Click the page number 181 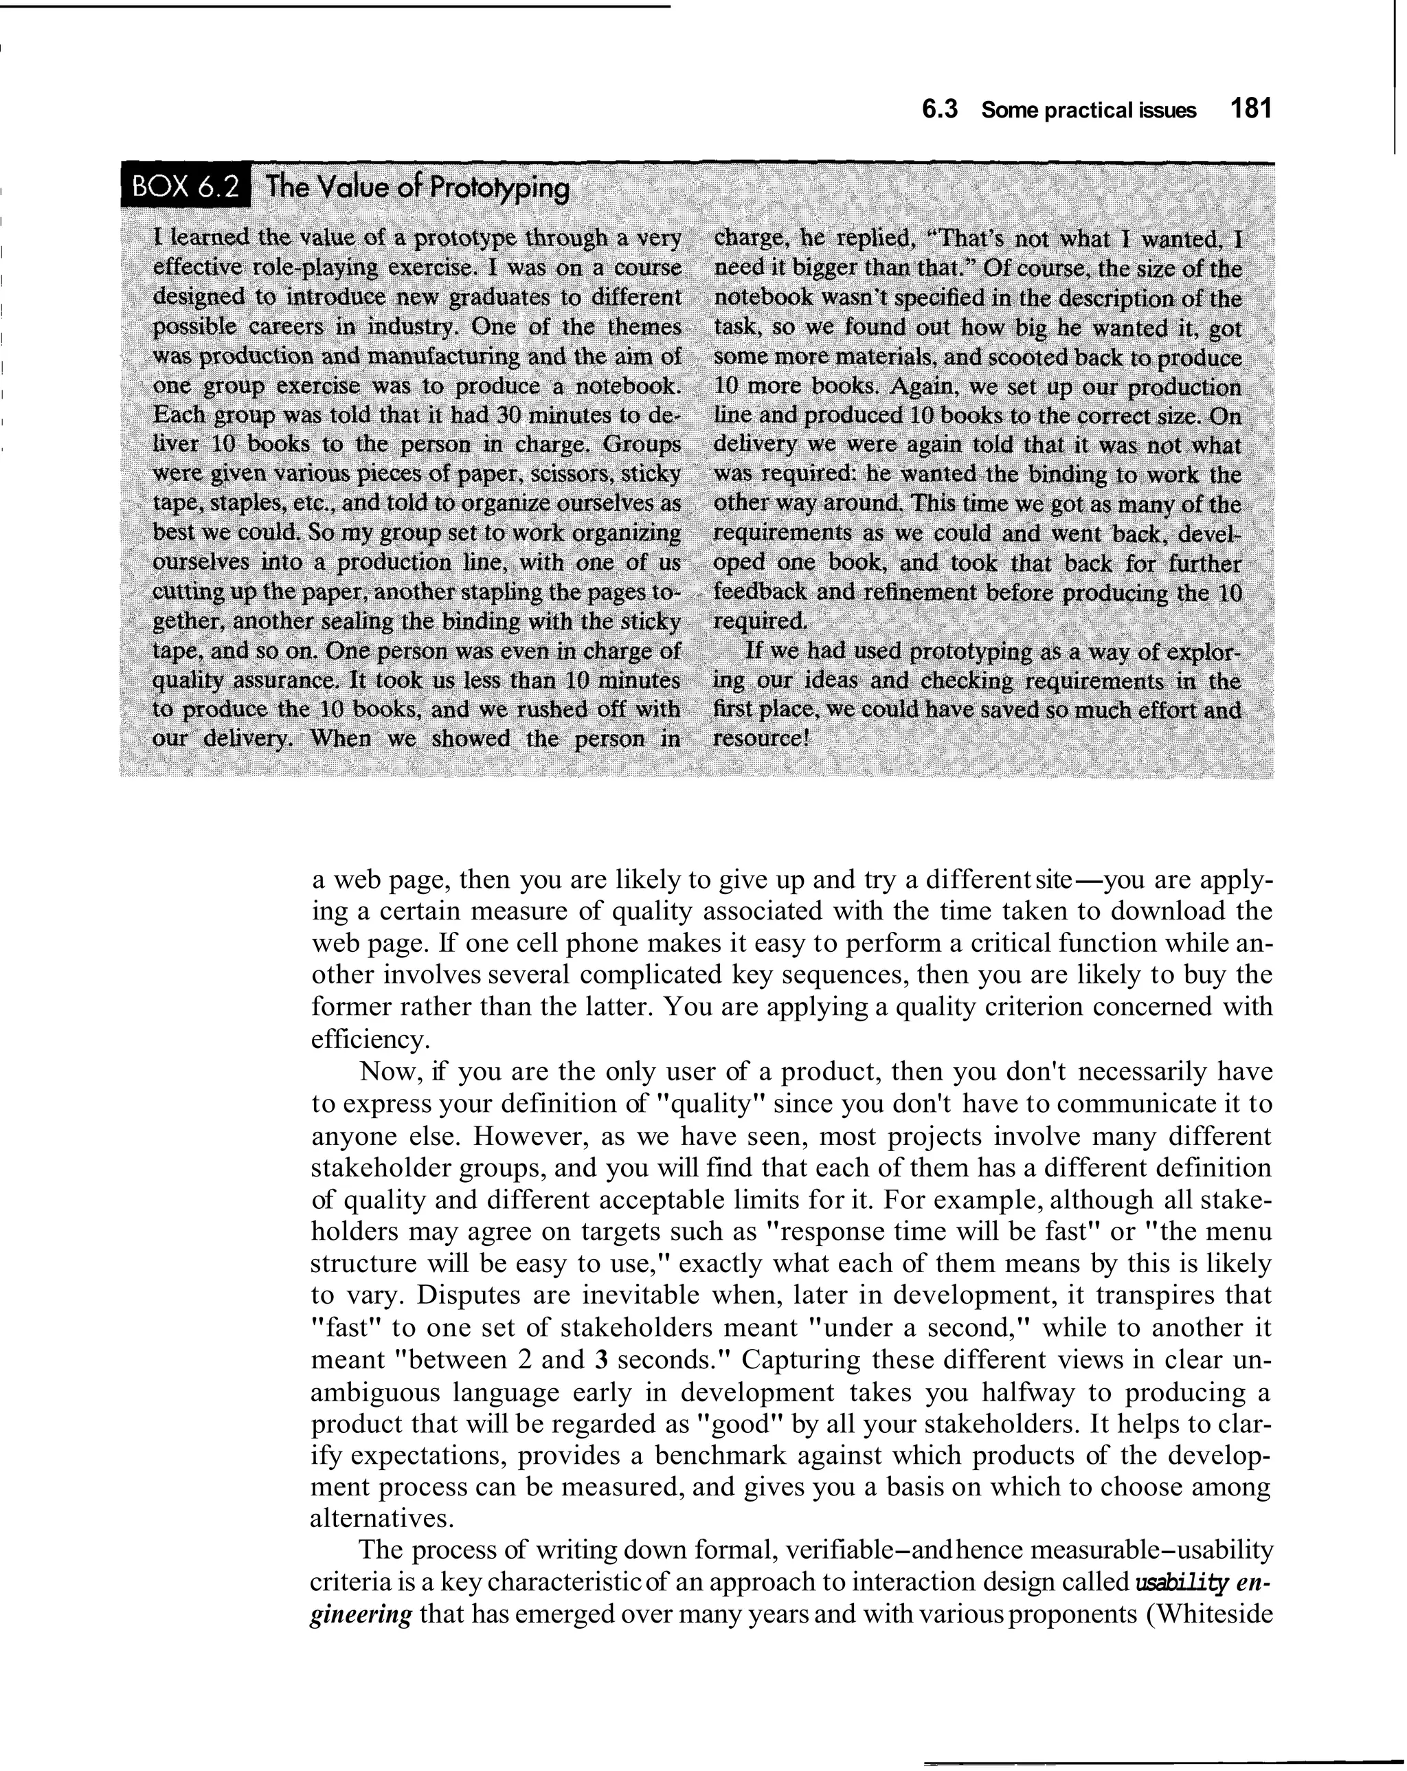(1251, 109)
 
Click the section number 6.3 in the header (940, 110)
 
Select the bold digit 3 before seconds (601, 1359)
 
